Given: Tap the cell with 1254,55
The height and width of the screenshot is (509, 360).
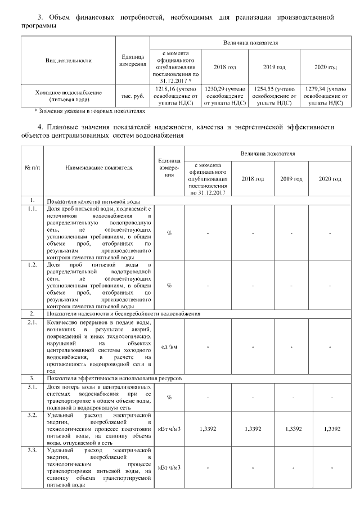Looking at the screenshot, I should pos(274,96).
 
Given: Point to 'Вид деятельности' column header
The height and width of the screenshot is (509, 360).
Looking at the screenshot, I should pos(68,60).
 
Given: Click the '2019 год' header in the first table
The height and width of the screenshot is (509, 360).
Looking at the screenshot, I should pos(274,67).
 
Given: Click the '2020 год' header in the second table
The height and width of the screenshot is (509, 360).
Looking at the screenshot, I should pos(330,179).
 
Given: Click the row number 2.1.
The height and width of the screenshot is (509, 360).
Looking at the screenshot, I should pos(32,322).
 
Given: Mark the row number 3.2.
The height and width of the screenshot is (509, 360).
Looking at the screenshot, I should pos(32,415).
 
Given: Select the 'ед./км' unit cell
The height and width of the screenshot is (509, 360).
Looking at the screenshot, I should pos(169,346).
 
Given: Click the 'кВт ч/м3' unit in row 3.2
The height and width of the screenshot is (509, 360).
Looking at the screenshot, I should pos(169,429).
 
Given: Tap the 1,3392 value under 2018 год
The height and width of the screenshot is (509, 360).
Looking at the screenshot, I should pos(253,429).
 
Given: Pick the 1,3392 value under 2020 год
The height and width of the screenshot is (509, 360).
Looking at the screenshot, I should pos(330,429).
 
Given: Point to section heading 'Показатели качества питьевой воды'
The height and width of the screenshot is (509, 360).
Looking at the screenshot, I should pos(93,201).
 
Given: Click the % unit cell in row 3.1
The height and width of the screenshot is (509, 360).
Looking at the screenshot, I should pos(169,398).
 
